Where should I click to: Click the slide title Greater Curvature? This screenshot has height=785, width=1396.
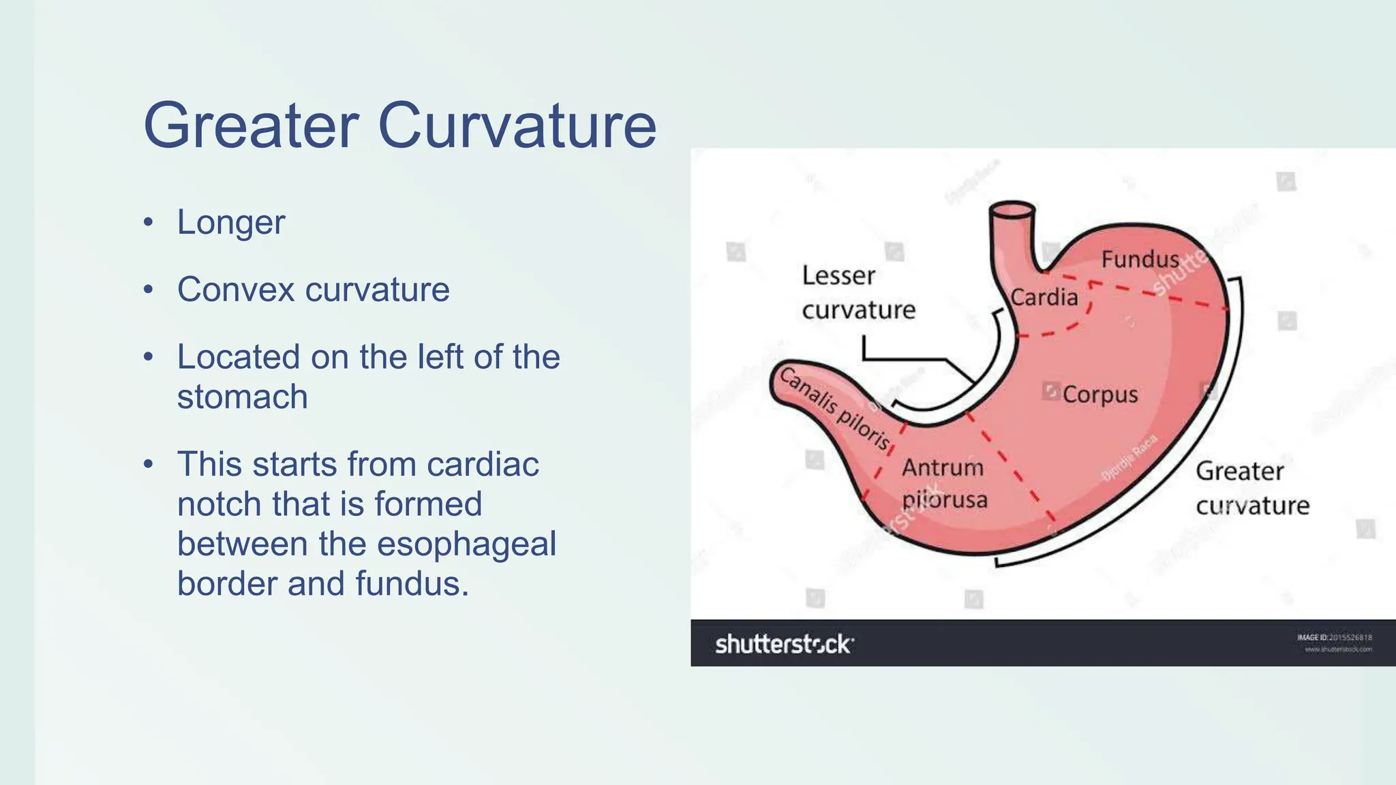(x=399, y=125)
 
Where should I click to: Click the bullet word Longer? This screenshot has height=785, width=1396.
(x=231, y=223)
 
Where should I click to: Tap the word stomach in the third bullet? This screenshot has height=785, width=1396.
(x=243, y=397)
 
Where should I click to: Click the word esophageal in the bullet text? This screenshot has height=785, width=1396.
(x=466, y=544)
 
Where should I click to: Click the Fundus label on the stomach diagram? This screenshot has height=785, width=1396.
(x=1140, y=260)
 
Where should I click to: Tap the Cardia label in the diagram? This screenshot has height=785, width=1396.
(x=1044, y=297)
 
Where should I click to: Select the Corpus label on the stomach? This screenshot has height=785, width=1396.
(x=1099, y=395)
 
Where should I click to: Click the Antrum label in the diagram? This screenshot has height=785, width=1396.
(x=943, y=467)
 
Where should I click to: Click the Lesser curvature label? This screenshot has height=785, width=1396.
(x=858, y=293)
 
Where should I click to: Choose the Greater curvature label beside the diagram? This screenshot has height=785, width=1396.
(x=1251, y=488)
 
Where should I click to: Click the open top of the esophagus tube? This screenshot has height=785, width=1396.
(x=1012, y=209)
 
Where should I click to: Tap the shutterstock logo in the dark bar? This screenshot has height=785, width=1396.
(x=784, y=644)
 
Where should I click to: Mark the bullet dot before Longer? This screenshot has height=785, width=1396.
(x=149, y=223)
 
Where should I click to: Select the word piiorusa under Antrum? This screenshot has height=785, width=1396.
(x=944, y=500)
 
